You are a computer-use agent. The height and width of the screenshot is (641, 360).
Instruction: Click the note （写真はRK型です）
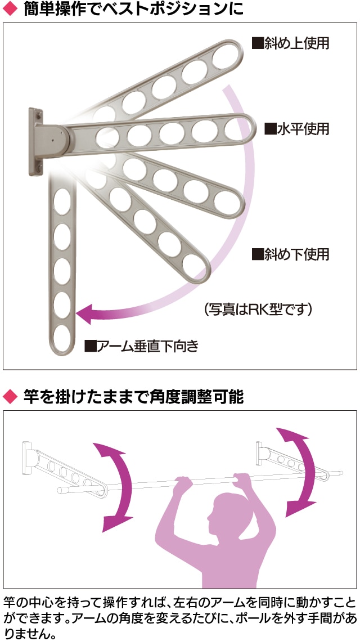click(258, 308)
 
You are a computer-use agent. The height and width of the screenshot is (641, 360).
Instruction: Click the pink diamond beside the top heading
click(8, 10)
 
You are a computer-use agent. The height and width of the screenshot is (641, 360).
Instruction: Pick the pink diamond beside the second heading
click(8, 397)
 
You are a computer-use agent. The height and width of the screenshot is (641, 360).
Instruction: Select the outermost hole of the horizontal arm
click(235, 129)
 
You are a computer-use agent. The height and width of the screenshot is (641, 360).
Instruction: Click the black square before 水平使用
click(271, 129)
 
